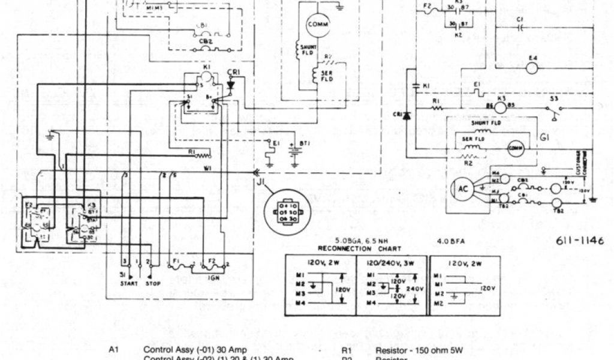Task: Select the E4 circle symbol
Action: (x=532, y=68)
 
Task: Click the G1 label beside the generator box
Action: (x=544, y=137)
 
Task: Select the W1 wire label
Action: (x=208, y=167)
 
